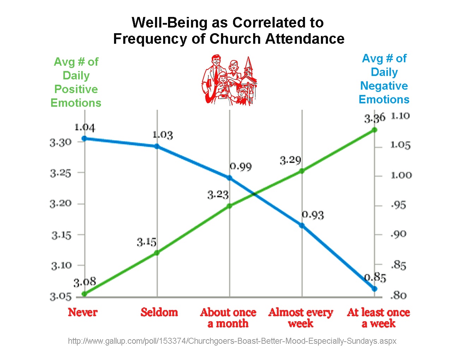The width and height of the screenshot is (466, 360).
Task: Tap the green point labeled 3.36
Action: tap(375, 130)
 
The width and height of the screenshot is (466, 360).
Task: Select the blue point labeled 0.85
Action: tap(375, 289)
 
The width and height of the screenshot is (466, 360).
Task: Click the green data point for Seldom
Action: tap(157, 253)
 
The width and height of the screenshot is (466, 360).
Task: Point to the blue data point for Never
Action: tap(84, 138)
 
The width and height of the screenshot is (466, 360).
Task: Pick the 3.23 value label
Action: tap(218, 194)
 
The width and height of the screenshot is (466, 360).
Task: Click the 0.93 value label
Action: tap(313, 215)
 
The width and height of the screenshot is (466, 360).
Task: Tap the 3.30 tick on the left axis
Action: tap(60, 142)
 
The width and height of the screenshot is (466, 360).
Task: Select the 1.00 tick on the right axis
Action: tap(401, 175)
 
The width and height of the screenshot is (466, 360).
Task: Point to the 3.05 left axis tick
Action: tap(60, 296)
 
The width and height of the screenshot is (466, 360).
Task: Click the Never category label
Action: tap(83, 312)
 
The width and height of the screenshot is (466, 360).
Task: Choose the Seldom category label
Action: tap(159, 312)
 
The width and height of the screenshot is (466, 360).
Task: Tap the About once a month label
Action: tap(228, 318)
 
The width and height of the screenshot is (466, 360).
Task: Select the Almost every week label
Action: tap(300, 318)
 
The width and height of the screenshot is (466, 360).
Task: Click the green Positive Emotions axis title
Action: tap(76, 82)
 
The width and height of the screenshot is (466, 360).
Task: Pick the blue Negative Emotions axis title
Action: tap(384, 79)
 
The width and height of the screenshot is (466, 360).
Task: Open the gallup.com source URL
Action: tap(232, 341)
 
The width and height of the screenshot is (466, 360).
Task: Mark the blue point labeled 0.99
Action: tap(229, 178)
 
